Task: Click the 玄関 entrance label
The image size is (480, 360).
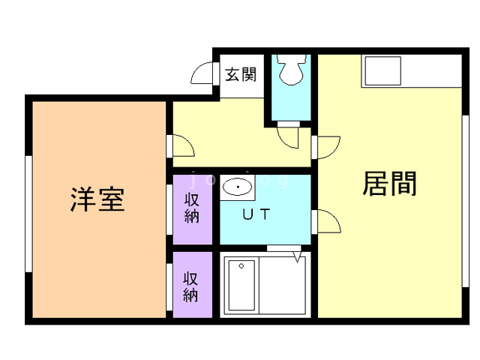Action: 241,74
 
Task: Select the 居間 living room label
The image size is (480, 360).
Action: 389,182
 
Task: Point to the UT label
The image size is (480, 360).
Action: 257,214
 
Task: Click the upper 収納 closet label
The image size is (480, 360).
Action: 191,208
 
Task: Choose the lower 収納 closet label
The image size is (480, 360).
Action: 191,286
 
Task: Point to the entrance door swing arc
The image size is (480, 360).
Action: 203,73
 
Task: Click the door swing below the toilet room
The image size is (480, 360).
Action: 289,137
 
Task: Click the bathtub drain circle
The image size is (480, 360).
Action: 241,265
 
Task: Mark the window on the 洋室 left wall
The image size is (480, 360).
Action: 28,213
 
